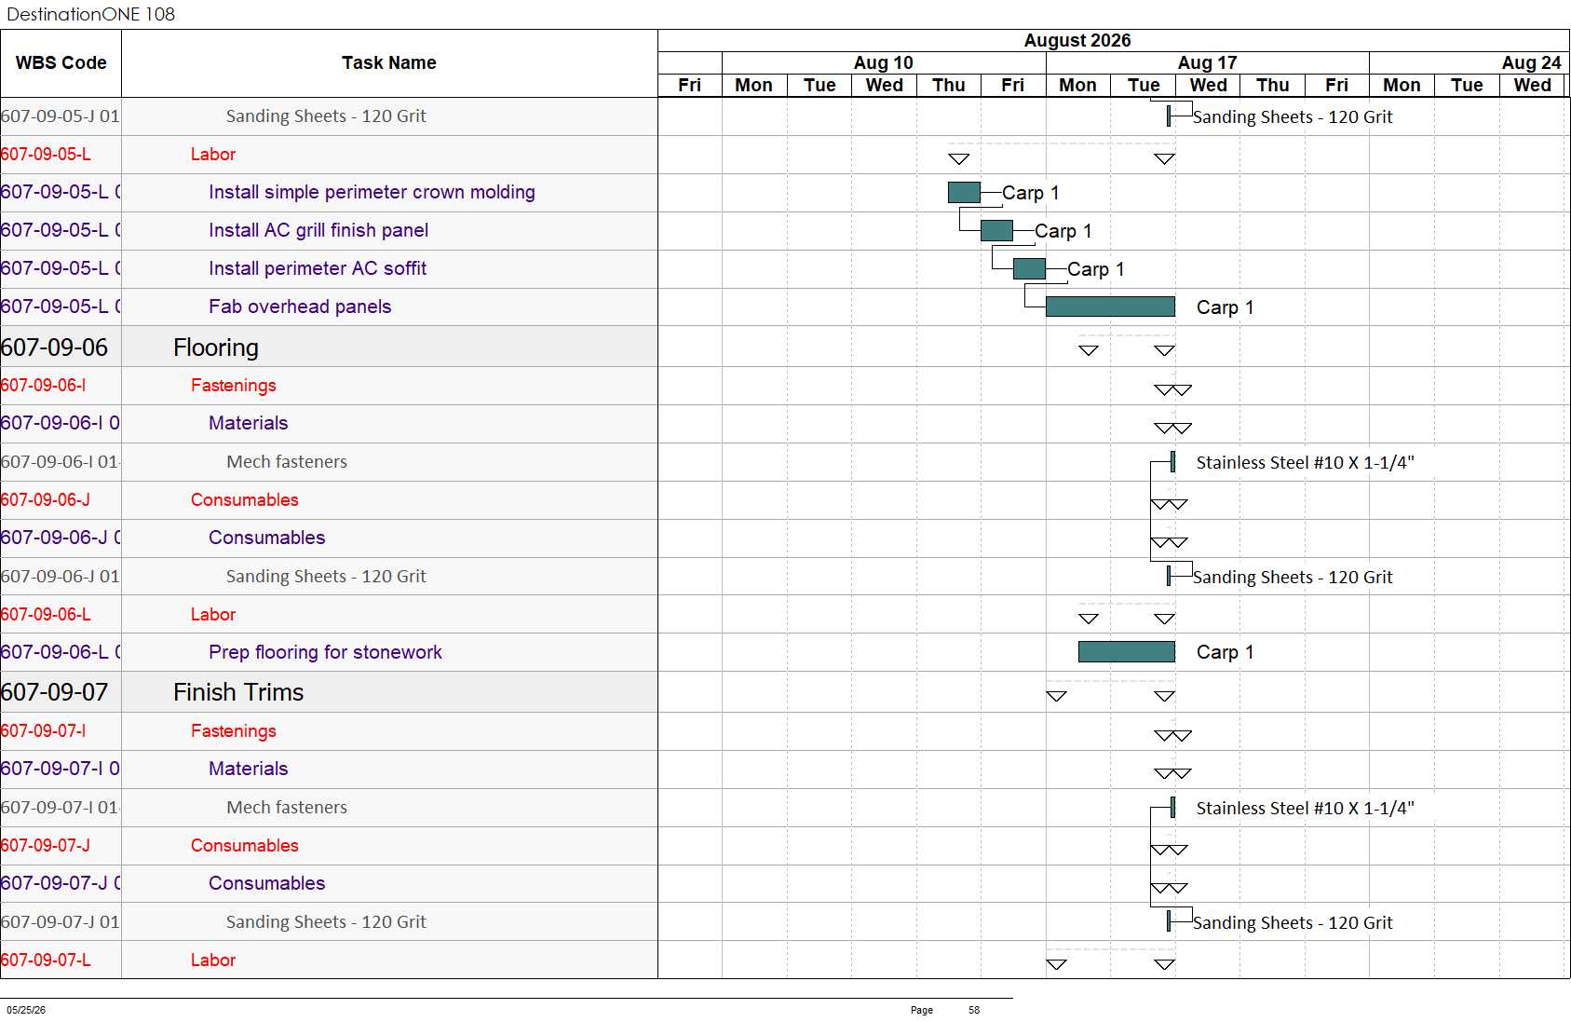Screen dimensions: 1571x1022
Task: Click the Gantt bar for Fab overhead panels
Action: coord(1110,307)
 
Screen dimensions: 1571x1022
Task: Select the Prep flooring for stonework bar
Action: coord(1127,651)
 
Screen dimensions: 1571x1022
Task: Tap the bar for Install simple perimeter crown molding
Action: coord(965,192)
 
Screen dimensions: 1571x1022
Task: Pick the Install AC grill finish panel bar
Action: coord(996,230)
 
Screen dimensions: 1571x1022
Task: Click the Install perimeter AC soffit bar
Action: coord(1030,268)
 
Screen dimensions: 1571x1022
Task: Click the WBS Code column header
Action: coord(61,62)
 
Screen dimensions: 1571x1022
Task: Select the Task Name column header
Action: coord(389,62)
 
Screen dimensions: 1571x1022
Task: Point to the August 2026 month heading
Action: coord(1077,40)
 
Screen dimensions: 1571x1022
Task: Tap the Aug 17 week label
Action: coord(1207,62)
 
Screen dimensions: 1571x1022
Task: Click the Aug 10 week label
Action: coord(883,62)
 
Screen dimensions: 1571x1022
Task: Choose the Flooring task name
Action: coord(216,347)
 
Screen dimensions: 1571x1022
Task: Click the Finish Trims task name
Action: coord(238,691)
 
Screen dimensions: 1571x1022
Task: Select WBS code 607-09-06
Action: coord(55,347)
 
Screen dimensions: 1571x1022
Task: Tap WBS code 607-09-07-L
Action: coord(46,960)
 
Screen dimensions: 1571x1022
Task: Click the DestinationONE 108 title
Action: coord(90,14)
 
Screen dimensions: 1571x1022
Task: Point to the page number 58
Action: coord(974,1010)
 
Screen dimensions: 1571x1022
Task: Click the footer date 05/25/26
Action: coord(26,1010)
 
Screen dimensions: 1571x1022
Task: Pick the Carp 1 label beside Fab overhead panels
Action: coord(1225,307)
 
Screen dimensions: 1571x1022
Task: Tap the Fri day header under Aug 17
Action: coord(1336,85)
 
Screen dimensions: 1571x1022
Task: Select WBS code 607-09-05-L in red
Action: coord(46,154)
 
